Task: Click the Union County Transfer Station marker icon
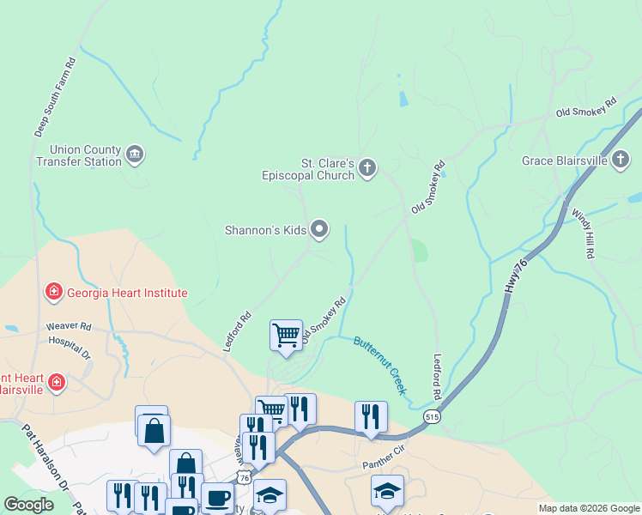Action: pos(135,154)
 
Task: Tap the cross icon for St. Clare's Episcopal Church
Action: pos(367,167)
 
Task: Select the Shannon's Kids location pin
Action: pos(319,229)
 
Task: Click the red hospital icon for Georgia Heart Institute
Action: pos(54,293)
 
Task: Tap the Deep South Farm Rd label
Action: pos(56,98)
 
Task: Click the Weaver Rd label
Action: pos(69,327)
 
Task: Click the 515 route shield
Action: pos(432,416)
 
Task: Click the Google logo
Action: pos(28,506)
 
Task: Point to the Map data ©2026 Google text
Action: pos(588,508)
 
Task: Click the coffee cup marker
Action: pos(217,498)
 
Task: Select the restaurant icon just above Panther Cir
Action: pos(371,417)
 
